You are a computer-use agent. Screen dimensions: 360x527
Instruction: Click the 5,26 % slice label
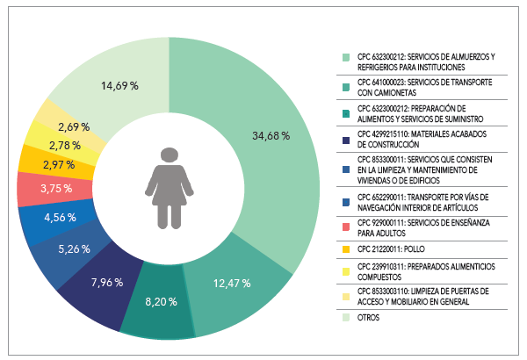pos(74,248)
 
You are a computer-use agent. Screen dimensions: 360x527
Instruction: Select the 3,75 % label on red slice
pos(57,188)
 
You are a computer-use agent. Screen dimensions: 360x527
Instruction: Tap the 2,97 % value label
pos(61,165)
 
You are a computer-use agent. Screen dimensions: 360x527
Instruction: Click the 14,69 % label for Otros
pos(120,86)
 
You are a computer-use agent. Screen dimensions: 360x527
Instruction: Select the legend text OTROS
pos(370,318)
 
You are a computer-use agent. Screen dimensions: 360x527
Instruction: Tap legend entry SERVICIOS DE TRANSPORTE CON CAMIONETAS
pos(422,88)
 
